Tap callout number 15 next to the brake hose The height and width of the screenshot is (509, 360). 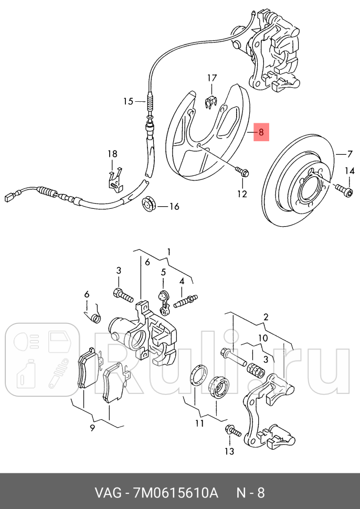pos(129,101)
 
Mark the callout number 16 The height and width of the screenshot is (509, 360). pos(173,207)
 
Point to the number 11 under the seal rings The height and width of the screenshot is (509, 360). pos(199,423)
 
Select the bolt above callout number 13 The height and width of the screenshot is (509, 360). pos(231,431)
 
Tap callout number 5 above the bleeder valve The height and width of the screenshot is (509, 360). pos(163,272)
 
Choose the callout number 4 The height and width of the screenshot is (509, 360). pos(182,281)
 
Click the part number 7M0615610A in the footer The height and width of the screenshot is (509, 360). pos(176,493)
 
